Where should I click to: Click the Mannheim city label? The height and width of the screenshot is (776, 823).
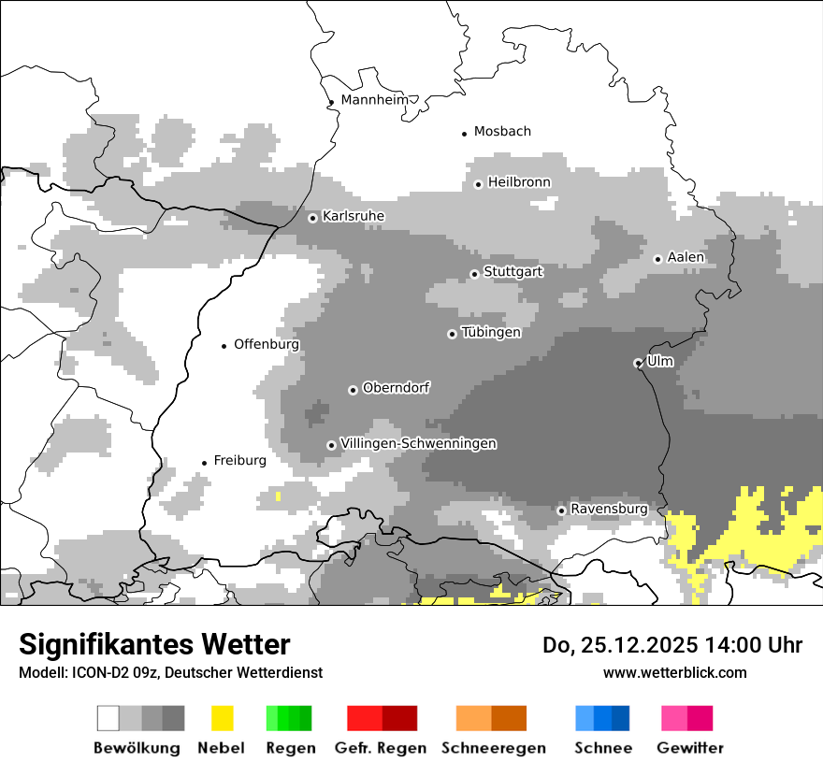(375, 100)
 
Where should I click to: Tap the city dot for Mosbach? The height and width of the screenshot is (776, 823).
(464, 134)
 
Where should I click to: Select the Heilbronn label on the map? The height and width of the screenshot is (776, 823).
(519, 182)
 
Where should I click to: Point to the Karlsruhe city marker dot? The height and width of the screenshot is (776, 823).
(313, 218)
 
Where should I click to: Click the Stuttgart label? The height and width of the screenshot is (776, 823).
(513, 272)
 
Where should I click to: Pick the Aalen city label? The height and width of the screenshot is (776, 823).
(686, 257)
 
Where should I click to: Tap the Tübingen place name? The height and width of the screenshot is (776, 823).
(491, 332)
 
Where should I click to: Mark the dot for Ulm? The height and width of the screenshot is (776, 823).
(638, 363)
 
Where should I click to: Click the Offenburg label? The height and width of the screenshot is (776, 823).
(267, 344)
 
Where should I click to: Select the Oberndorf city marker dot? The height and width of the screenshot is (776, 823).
(353, 390)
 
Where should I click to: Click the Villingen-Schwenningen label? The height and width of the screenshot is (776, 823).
(418, 443)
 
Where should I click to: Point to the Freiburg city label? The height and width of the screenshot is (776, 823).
(239, 460)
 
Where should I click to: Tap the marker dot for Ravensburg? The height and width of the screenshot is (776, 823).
(561, 510)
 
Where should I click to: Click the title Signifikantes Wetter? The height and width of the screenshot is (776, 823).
(154, 644)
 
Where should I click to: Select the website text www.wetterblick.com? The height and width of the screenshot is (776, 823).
(674, 672)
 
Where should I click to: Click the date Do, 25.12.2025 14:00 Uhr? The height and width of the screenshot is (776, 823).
(672, 645)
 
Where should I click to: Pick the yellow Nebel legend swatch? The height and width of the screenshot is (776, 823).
(222, 718)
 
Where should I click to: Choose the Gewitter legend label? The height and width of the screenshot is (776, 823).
(690, 748)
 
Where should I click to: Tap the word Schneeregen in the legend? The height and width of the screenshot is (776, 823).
(494, 748)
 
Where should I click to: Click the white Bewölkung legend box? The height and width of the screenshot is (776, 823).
(108, 718)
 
